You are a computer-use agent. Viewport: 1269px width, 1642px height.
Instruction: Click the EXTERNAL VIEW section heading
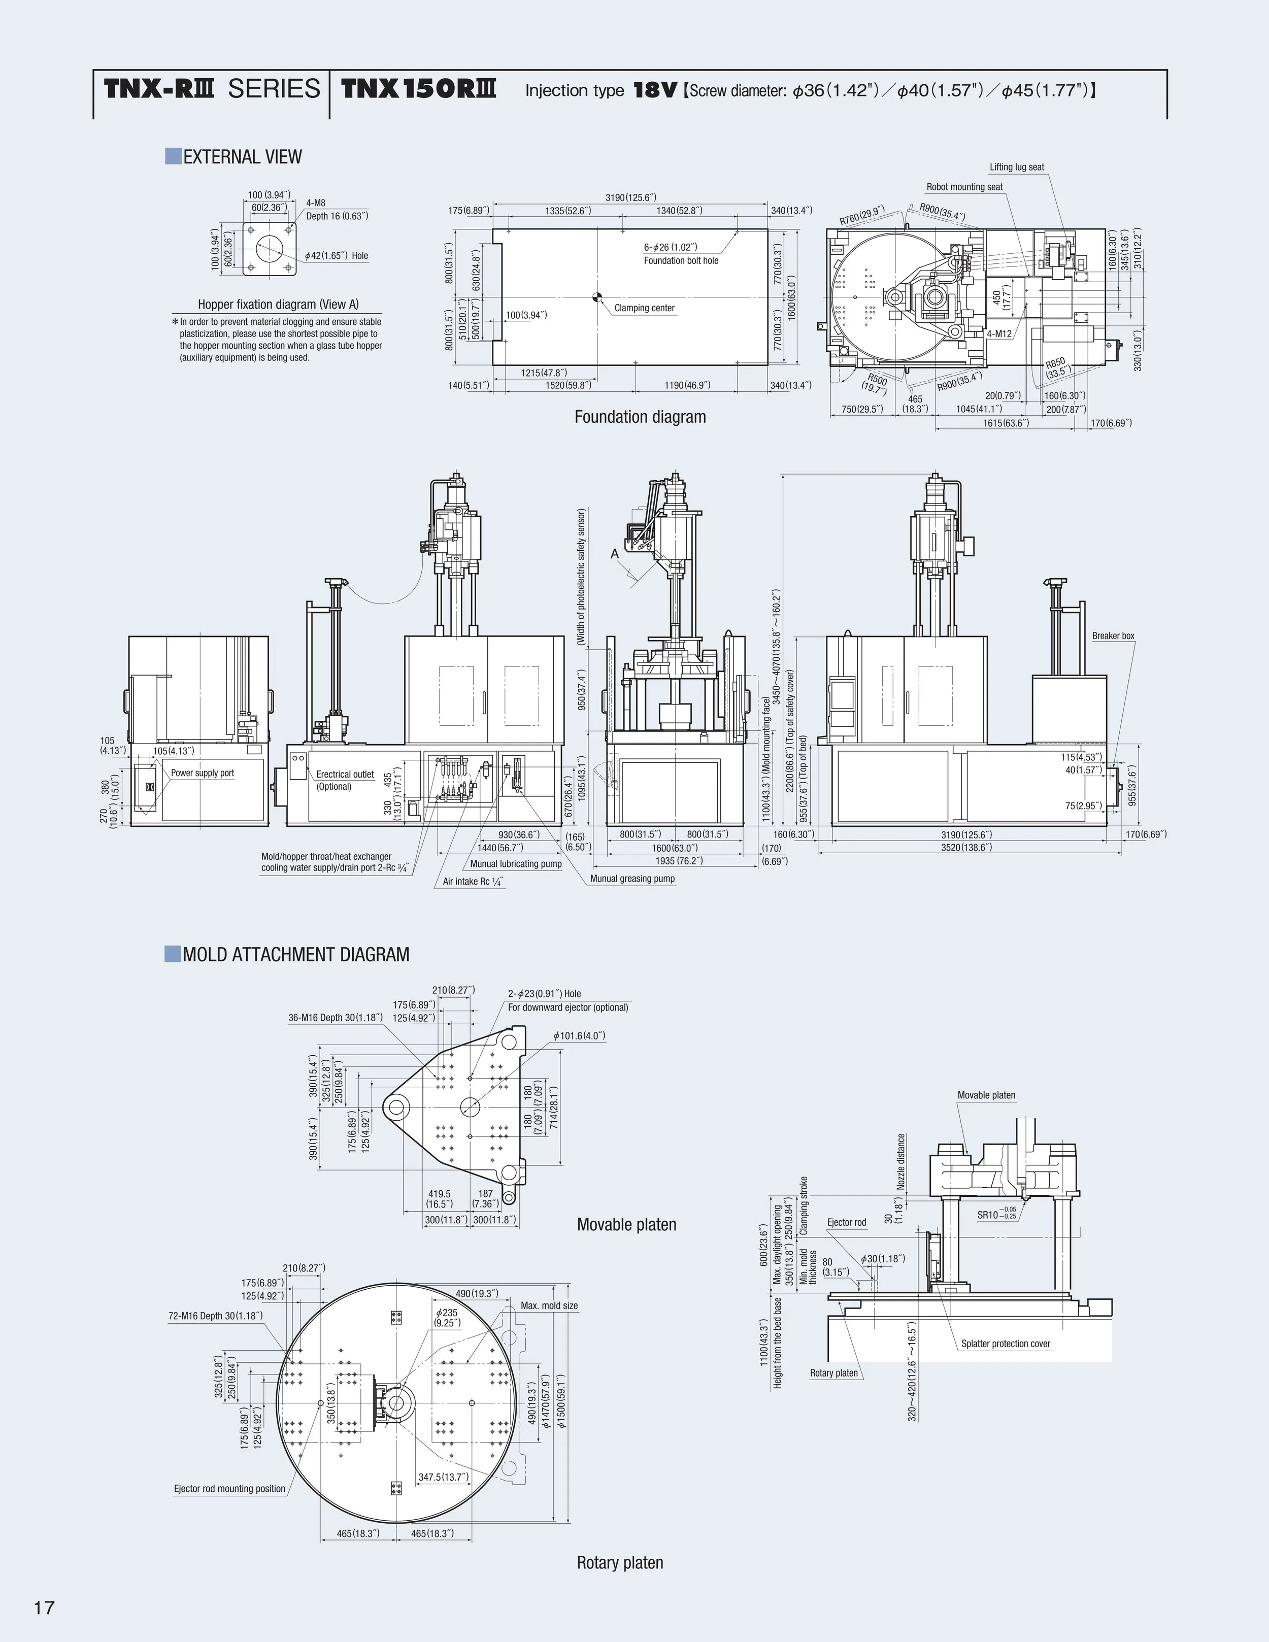242,157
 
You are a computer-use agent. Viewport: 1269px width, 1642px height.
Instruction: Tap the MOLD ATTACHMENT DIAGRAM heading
295,955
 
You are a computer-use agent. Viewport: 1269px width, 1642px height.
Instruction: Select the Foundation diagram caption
640,417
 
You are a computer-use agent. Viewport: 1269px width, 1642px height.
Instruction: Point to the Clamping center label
644,308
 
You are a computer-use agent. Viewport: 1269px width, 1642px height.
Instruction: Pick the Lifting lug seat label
1016,167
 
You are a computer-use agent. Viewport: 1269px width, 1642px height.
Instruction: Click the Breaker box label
1113,636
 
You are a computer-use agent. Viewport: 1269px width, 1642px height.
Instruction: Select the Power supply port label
202,773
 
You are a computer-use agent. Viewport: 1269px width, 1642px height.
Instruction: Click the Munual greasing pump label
632,878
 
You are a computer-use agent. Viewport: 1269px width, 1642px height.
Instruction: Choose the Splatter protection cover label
1005,1344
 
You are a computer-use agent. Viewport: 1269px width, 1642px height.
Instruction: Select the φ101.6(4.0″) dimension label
579,1036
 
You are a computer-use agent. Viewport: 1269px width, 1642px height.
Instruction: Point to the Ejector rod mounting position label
229,1489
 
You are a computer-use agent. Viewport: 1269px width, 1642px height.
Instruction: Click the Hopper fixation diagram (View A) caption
278,305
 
